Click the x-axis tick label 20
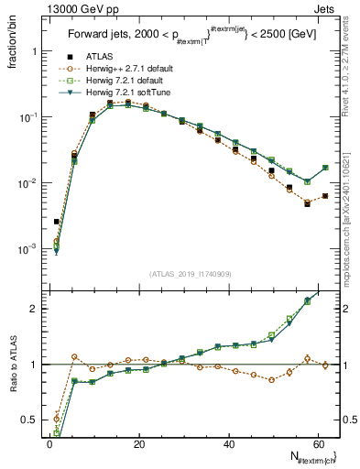tap(138, 443)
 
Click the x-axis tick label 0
tap(49, 443)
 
